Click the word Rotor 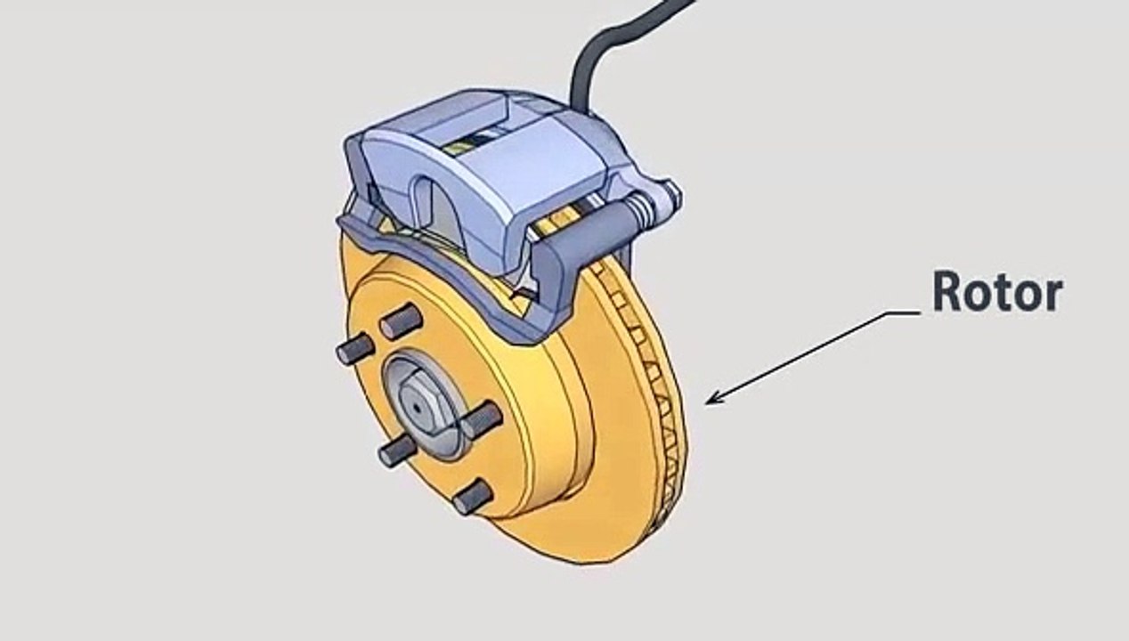998,291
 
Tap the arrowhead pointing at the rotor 713,398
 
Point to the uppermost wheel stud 402,321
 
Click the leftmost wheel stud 355,348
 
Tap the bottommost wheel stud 472,497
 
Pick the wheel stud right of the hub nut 483,419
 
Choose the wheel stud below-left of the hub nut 398,450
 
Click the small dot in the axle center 417,408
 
